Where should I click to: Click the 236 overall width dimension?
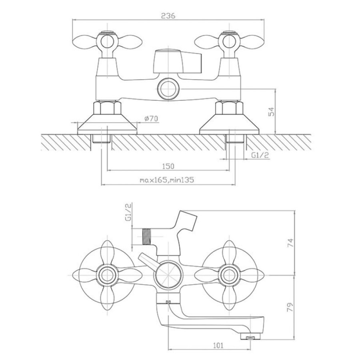(168, 16)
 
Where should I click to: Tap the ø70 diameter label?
(151, 118)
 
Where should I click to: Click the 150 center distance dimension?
(168, 166)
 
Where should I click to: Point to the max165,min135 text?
(167, 180)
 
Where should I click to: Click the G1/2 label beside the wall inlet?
(260, 155)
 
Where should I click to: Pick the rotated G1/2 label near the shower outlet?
(128, 212)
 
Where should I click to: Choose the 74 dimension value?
(290, 242)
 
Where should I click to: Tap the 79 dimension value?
(290, 307)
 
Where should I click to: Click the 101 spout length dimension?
(218, 345)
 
